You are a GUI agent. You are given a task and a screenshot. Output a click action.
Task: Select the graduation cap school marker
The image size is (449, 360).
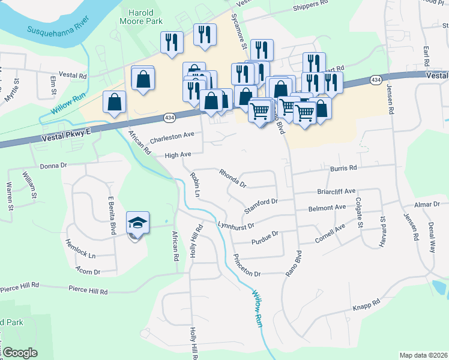[x=137, y=223]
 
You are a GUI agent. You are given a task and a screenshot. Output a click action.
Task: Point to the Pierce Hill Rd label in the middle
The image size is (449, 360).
[x=88, y=291]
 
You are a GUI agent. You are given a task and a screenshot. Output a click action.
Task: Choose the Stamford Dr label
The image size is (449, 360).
[x=262, y=205]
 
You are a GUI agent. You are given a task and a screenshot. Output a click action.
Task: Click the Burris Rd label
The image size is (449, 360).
[x=343, y=169]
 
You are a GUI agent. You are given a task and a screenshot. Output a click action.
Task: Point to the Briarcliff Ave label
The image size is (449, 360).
[x=336, y=192]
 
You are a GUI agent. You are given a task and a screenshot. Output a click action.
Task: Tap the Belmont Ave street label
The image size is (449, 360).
[x=327, y=208]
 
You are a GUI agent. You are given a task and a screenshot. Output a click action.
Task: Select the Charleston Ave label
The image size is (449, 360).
[x=172, y=136]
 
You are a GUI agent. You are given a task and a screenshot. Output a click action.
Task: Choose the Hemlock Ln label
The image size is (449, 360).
[x=83, y=254]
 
